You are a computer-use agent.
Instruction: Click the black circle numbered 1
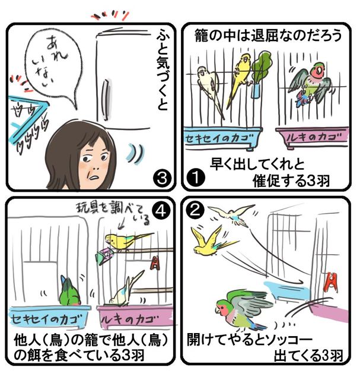(x=196, y=178)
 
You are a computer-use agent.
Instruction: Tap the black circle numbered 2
(x=195, y=209)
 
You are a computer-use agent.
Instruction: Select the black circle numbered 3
(x=162, y=178)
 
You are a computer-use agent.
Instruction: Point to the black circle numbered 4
(x=161, y=210)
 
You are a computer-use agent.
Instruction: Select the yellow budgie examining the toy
(x=126, y=240)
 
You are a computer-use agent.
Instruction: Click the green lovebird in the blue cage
(x=70, y=292)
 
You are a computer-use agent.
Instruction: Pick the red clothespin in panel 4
(x=155, y=263)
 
